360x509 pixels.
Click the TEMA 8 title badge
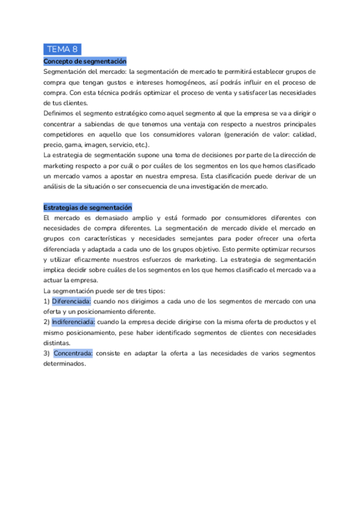[x=62, y=49]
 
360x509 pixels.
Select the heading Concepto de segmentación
[x=85, y=62]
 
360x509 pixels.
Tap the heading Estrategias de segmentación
[x=87, y=207]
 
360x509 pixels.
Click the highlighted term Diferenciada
[x=71, y=301]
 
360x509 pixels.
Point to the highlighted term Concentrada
[x=73, y=353]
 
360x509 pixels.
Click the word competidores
[x=65, y=134]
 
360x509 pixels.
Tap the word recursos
[x=301, y=248]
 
